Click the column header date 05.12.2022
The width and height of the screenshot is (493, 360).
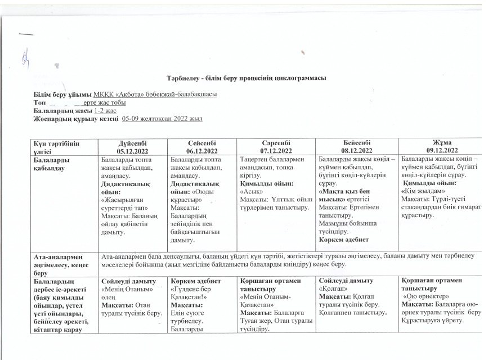coord(133,151)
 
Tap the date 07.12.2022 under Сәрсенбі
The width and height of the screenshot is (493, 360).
coord(276,151)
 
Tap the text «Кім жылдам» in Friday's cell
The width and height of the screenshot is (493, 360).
coord(422,191)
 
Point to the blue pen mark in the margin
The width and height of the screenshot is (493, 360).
coord(25,55)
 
